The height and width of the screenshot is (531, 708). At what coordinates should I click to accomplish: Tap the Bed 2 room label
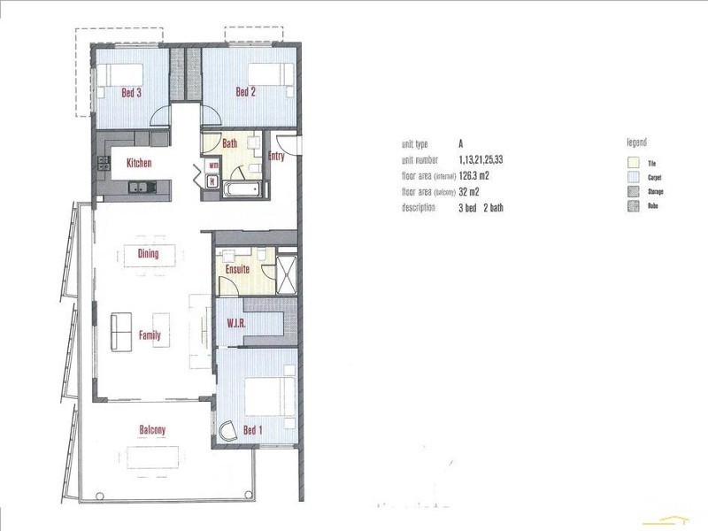245,92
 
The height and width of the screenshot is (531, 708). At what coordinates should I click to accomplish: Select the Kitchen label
139,163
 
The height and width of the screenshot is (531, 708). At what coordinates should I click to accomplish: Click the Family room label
150,335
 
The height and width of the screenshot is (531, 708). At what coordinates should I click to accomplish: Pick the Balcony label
152,431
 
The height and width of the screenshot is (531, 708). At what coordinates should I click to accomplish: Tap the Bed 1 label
253,431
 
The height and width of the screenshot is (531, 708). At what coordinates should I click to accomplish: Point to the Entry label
276,158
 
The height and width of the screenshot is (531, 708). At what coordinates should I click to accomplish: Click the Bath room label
229,143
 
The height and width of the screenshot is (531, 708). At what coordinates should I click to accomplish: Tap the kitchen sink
141,186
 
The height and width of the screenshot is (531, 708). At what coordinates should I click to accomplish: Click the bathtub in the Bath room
241,189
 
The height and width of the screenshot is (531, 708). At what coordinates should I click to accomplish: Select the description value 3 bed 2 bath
481,208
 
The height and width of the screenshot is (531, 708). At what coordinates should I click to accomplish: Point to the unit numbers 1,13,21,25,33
485,159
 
